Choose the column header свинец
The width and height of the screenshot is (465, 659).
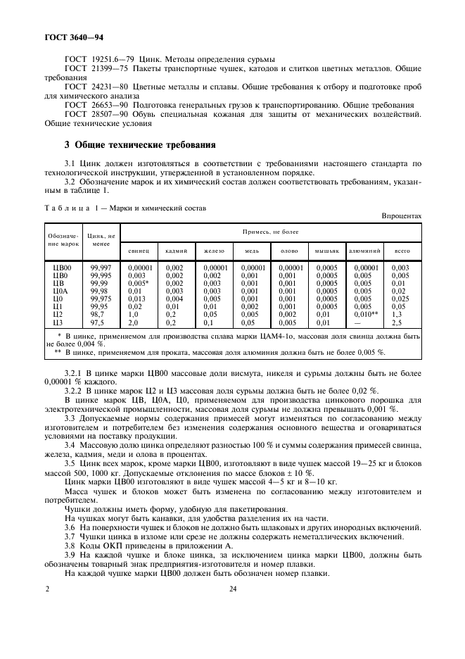pyautogui.click(x=138, y=250)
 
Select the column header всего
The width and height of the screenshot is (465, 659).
pyautogui.click(x=402, y=250)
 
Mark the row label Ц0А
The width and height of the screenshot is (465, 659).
pyautogui.click(x=60, y=291)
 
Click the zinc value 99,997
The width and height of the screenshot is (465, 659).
pyautogui.click(x=101, y=268)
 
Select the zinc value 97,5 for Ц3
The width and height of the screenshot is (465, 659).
pyautogui.click(x=96, y=322)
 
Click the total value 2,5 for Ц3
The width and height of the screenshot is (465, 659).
pyautogui.click(x=397, y=322)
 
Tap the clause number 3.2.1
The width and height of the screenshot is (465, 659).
pyautogui.click(x=74, y=370)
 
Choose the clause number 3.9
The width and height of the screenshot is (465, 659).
pyautogui.click(x=70, y=555)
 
